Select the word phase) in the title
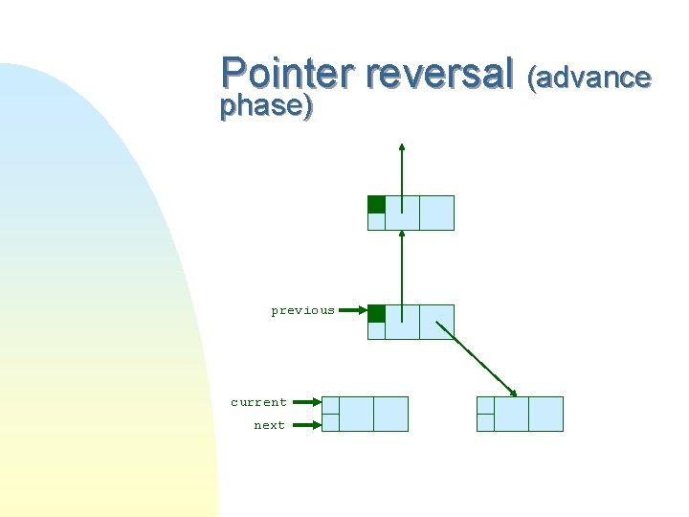pos(266,106)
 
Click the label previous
pos(302,310)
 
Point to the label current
pos(258,402)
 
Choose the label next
pos(269,425)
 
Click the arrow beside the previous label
pos(353,310)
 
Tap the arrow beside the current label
pos(305,403)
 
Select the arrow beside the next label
pos(305,425)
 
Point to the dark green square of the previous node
pos(376,313)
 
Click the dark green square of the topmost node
pos(376,204)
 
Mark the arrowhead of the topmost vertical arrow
pos(402,147)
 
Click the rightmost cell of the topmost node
pos(436,213)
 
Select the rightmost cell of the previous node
pos(436,322)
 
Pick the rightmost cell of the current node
pos(390,414)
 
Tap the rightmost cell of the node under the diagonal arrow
pos(545,414)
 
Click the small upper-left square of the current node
pos(330,405)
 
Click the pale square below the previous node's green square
pos(376,331)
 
